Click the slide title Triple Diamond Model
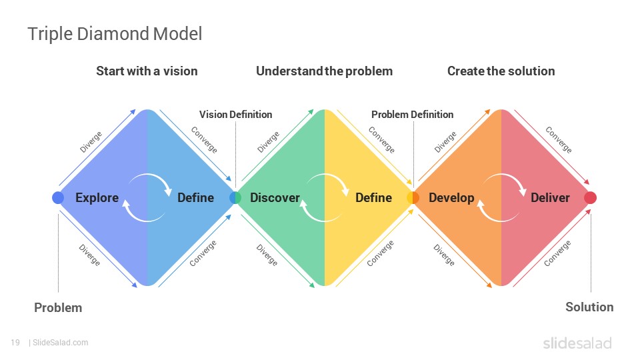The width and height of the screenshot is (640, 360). coord(115,34)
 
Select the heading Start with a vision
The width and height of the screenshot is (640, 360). coord(147,71)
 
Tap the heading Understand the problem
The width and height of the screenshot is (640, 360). coord(325,71)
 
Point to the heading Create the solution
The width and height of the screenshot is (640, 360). coord(501,71)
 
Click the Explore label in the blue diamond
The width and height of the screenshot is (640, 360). coord(97,198)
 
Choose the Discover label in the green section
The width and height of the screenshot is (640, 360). coord(275,198)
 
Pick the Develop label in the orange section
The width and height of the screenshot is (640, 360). coord(451,198)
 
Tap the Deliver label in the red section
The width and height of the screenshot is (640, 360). coord(550,198)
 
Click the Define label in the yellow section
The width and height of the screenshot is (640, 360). coord(373,198)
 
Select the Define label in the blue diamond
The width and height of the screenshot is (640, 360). coord(195,198)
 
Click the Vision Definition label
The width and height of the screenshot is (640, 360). coord(235,115)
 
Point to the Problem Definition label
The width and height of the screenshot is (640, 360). coord(412,115)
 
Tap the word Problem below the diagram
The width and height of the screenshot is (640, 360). coord(58,308)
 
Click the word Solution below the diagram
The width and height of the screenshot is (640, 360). coord(589,307)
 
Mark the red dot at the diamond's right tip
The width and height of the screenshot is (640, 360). coord(590,197)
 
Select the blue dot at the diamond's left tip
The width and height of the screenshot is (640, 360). coord(58,197)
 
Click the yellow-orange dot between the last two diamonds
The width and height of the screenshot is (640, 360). coord(413,197)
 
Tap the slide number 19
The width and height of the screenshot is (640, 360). coord(15,343)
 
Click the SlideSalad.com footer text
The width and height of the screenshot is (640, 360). coord(61,343)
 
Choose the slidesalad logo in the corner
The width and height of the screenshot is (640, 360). coord(577,343)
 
